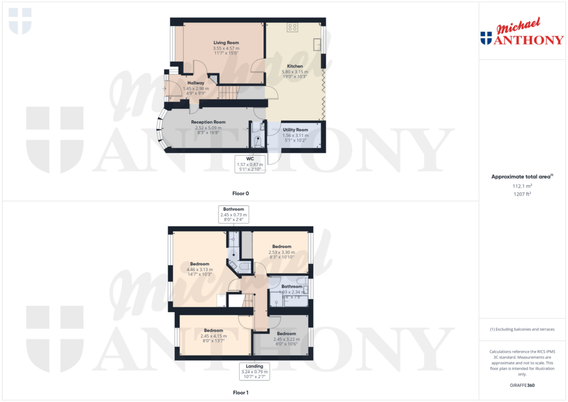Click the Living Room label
[x=226, y=43]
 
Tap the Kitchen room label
[x=295, y=66]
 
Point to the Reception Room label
[x=208, y=122]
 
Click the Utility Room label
[x=295, y=130]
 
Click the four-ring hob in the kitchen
[x=292, y=27]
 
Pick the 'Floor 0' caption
[x=241, y=194]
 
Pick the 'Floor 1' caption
[x=241, y=393]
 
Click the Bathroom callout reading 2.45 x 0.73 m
[x=234, y=214]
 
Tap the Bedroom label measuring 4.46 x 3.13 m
[x=200, y=264]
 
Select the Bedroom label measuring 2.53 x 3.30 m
[x=281, y=247]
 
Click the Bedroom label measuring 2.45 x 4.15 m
[x=213, y=330]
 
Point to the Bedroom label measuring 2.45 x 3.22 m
[x=286, y=334]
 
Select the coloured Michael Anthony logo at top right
[x=521, y=33]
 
